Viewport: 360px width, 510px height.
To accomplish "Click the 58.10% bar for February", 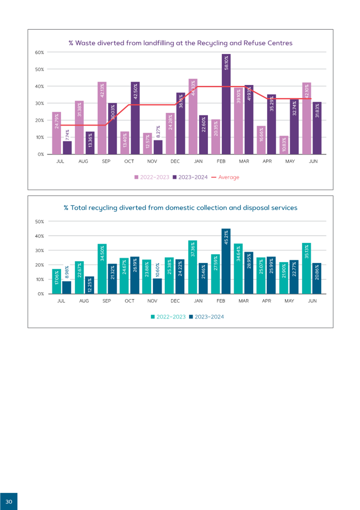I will click(226, 104).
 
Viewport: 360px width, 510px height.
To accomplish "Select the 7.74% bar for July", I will click(67, 148).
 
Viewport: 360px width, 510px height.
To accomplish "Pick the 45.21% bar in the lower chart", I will click(226, 261).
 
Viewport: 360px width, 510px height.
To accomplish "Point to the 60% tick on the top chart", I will click(40, 53).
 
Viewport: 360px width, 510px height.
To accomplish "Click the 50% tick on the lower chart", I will click(40, 221).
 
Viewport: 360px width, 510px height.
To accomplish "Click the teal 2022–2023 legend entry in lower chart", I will click(168, 317).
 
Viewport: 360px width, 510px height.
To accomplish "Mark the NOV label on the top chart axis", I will click(152, 162).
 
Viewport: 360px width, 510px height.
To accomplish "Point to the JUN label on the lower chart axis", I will click(312, 301).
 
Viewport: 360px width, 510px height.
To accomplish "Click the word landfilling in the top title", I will click(148, 43).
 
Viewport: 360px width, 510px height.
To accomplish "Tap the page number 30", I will click(9, 501).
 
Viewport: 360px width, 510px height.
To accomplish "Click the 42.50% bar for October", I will click(135, 118).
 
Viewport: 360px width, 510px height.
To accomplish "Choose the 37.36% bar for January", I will click(192, 267).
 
